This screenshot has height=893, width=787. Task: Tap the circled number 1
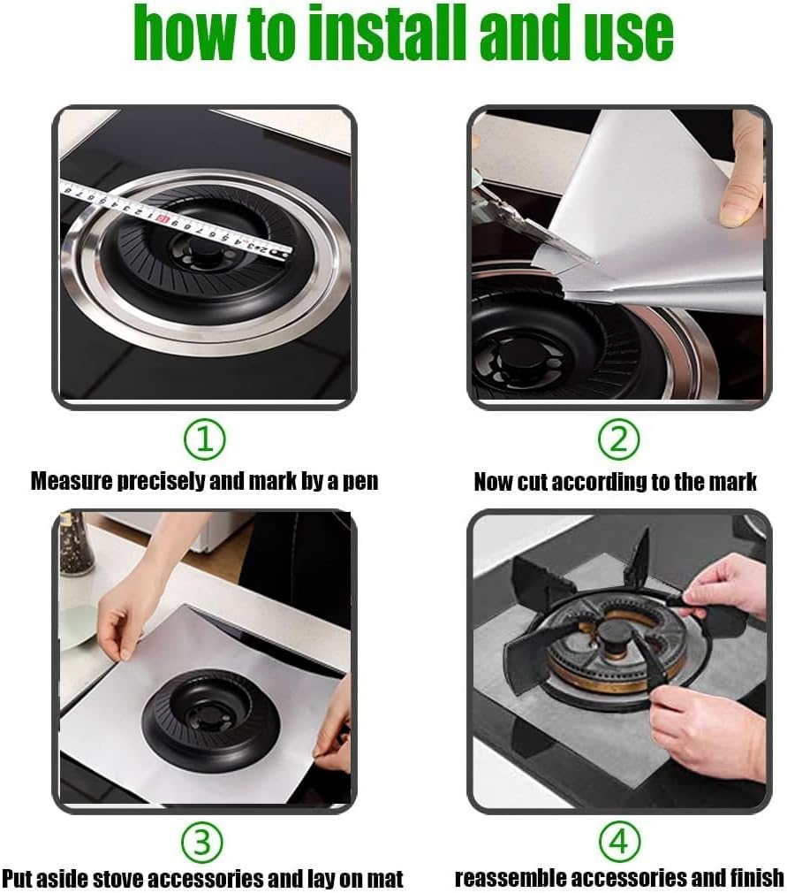pyautogui.click(x=204, y=439)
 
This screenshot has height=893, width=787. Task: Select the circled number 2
pyautogui.click(x=617, y=439)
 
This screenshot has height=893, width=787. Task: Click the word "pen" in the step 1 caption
pyautogui.click(x=359, y=482)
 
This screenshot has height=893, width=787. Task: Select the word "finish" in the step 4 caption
pyautogui.click(x=752, y=879)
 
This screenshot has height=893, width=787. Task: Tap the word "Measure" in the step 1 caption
pyautogui.click(x=66, y=482)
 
